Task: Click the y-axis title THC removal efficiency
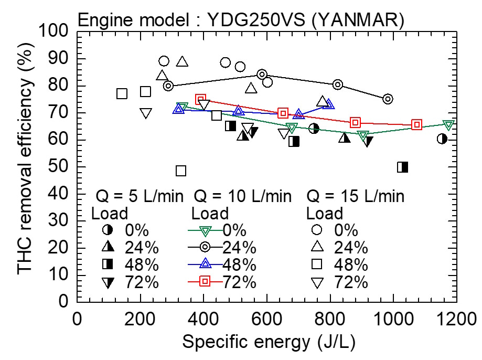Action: click(25, 166)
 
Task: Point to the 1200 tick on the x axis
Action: click(456, 319)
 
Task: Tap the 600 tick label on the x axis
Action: click(266, 319)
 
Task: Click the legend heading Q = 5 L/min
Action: click(140, 197)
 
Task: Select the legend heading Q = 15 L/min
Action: click(356, 197)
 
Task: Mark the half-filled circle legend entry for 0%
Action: click(108, 231)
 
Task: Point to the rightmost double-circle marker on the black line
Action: click(388, 99)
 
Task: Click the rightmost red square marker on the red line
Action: click(417, 125)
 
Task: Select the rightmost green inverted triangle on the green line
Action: click(448, 125)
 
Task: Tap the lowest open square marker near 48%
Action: click(181, 171)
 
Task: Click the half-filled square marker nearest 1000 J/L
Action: click(403, 167)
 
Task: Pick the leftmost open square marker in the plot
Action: click(122, 94)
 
